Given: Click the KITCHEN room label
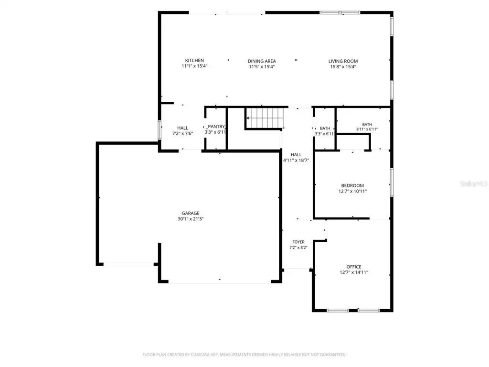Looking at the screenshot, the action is (x=195, y=61).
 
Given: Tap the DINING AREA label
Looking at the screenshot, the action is (x=262, y=61).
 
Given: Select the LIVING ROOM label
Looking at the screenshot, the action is (x=343, y=61).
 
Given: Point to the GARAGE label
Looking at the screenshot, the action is (x=191, y=213).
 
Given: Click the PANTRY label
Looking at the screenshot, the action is (x=216, y=126).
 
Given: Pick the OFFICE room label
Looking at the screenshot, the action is (x=354, y=267).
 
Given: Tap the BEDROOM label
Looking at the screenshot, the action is (x=352, y=186).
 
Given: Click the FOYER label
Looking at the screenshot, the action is (x=298, y=242).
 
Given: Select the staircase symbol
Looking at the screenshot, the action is (x=264, y=118).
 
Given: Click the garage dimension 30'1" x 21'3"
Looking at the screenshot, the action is (x=191, y=219).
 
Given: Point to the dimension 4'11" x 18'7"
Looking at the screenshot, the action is (x=296, y=161).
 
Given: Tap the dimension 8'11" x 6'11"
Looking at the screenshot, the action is (x=367, y=129).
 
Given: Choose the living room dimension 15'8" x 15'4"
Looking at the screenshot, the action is (x=343, y=67).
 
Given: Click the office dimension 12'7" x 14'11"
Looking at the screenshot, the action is (x=354, y=272).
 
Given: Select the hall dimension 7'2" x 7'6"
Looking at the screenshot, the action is (x=183, y=134).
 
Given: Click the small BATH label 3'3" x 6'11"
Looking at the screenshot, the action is (x=325, y=128).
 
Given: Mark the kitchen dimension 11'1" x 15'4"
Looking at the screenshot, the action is (x=195, y=66).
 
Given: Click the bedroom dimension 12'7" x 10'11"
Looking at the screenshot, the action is (x=352, y=191).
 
